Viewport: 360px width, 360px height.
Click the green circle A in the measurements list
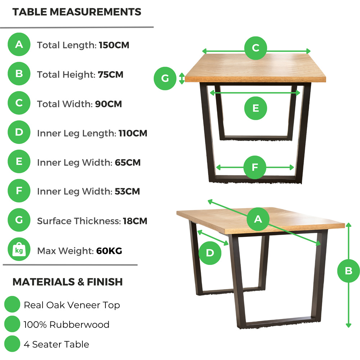point(19,44)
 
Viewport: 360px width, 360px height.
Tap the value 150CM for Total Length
point(114,45)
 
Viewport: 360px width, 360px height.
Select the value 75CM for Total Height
point(111,75)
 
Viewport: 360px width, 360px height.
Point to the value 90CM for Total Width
point(108,104)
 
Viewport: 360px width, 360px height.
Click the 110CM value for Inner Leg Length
point(133,133)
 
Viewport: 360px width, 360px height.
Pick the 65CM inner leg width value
point(128,163)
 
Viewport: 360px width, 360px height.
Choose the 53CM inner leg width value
point(127,191)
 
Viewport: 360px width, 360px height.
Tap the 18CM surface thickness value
point(135,221)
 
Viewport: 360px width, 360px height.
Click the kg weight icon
point(19,249)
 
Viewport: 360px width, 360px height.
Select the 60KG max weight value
point(109,251)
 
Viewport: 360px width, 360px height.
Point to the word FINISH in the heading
point(105,282)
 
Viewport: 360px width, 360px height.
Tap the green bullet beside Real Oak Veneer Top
point(12,304)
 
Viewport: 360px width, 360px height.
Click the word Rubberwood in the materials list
point(79,324)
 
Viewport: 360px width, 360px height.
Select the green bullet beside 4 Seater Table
point(12,344)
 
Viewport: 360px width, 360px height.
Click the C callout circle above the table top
point(256,48)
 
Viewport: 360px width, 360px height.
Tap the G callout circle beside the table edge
point(165,78)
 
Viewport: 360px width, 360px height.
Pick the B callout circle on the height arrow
point(348,271)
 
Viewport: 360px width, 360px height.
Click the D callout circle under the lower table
point(210,253)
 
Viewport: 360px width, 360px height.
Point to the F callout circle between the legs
point(255,167)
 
